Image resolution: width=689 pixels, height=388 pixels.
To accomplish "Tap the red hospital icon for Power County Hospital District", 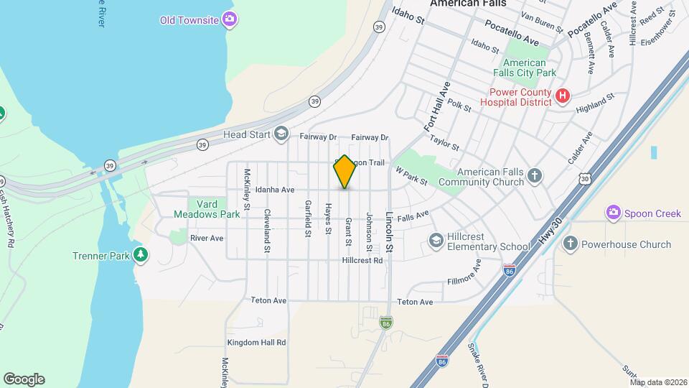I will tap(563, 96).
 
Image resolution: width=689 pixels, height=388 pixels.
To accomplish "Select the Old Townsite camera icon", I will tap(229, 19).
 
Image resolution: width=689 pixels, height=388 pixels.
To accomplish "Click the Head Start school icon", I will tap(281, 133).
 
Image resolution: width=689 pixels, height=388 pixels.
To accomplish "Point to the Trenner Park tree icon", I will tap(141, 255).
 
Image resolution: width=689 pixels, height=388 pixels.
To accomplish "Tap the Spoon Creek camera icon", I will tap(613, 213).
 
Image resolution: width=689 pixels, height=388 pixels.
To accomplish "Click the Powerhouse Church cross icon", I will tap(570, 244).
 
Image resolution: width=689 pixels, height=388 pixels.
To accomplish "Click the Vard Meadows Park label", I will tap(207, 208).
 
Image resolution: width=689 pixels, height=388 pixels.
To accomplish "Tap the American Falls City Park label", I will tap(525, 68).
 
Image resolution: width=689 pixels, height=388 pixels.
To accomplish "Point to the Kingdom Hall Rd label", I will tap(256, 343).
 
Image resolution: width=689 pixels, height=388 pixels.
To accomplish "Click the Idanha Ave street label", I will tap(276, 190).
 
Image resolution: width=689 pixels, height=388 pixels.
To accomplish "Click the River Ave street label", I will tap(207, 238).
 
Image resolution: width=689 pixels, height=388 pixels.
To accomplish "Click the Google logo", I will tap(24, 379).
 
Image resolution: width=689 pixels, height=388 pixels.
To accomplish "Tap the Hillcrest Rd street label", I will tap(362, 260).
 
